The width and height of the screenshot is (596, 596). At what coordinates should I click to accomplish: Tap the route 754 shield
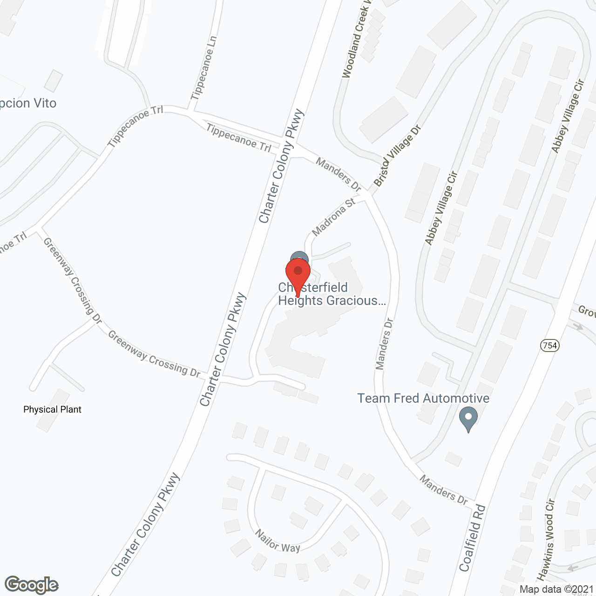(x=550, y=345)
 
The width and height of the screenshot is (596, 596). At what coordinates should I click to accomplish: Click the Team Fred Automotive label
(x=423, y=399)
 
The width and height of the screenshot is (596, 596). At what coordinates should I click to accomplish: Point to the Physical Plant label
(x=52, y=410)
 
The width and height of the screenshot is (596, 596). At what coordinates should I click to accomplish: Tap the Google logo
(x=31, y=585)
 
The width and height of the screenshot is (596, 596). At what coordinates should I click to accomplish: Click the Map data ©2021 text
(x=556, y=589)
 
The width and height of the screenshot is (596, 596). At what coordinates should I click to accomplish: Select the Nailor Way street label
(x=278, y=541)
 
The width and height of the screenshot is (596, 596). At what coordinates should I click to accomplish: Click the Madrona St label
(x=333, y=217)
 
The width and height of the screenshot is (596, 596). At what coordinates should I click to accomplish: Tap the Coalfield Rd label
(x=472, y=538)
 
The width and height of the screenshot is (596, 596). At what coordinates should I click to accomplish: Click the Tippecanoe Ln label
(x=204, y=68)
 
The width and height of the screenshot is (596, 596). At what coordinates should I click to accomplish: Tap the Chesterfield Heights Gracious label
(x=332, y=294)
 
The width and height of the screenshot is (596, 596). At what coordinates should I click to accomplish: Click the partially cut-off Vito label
(x=28, y=103)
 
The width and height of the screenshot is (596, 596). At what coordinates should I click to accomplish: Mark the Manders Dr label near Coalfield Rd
(x=443, y=490)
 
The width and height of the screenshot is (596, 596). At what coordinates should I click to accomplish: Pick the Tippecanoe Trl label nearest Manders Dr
(x=238, y=138)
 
